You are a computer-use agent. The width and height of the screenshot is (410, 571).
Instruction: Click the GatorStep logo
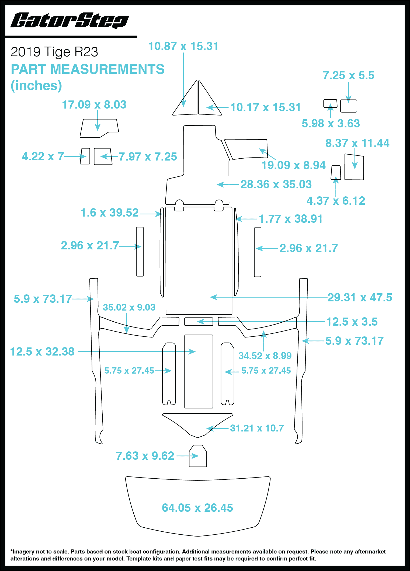click(70, 20)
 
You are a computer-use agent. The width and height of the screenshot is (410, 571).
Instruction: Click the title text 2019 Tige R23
click(54, 52)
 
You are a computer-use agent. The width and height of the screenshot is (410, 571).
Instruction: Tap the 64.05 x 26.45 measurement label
click(197, 508)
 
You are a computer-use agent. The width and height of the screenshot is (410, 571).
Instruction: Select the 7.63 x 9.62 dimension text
click(145, 456)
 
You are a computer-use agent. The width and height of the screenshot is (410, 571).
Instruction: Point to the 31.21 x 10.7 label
click(257, 428)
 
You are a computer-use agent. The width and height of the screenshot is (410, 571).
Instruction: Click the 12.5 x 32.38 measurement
click(42, 351)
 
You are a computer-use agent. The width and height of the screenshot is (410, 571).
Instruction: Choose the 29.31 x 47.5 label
click(360, 297)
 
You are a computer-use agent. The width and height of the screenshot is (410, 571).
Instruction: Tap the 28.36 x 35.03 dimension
click(276, 184)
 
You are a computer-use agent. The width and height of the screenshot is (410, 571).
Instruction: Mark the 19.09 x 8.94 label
click(293, 165)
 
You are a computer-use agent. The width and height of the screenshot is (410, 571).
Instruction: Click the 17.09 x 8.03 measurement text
click(94, 105)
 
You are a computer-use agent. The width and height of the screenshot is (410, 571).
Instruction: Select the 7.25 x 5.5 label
click(349, 75)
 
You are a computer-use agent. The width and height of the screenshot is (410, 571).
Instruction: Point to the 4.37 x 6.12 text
click(336, 201)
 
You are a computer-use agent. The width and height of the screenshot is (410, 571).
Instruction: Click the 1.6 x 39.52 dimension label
click(109, 213)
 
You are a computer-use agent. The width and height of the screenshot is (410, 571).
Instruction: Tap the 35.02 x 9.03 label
click(129, 307)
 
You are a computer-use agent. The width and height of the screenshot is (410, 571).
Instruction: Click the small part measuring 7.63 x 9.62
click(198, 456)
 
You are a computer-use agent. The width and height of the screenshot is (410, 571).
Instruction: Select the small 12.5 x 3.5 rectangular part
click(199, 322)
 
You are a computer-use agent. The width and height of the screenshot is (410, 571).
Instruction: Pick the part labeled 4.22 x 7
click(85, 156)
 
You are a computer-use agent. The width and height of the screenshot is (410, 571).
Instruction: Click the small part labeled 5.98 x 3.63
click(330, 103)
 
